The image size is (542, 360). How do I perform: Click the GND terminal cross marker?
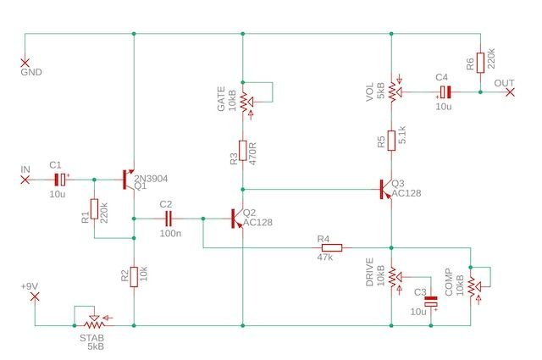[25, 62]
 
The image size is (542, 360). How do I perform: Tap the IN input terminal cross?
[25, 180]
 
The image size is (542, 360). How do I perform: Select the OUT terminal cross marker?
[509, 91]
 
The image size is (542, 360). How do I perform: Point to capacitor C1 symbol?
[61, 180]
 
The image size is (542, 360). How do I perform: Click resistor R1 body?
[94, 208]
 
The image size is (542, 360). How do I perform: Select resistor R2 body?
[134, 276]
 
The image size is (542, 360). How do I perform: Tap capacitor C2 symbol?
[166, 219]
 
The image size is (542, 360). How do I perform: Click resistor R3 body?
[242, 151]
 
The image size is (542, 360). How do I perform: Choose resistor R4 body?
[331, 248]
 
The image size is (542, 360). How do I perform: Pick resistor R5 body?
[390, 139]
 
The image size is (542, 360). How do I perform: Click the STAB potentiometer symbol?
[94, 323]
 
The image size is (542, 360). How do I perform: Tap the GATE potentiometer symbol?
[243, 101]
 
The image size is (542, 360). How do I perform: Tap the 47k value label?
[325, 257]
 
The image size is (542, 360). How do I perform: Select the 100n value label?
[169, 232]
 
